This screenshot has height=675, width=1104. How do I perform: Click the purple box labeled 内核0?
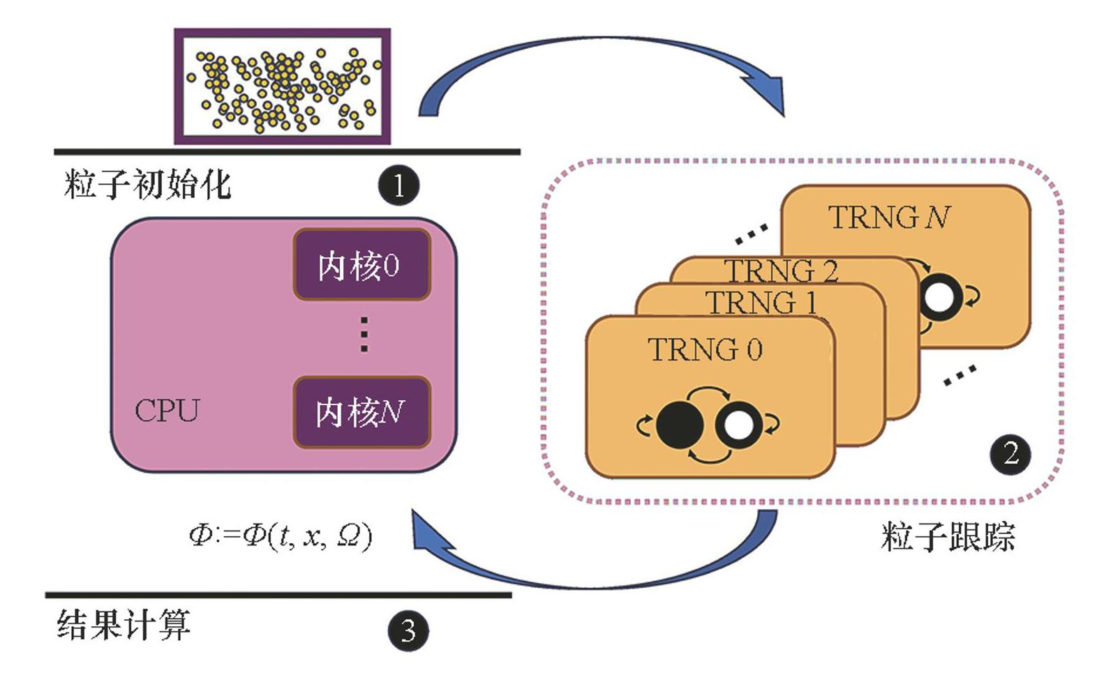point(361,265)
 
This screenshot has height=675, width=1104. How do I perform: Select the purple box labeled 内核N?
point(361,412)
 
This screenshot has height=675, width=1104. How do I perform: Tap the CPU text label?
point(167,411)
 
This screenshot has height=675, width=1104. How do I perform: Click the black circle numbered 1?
point(398,185)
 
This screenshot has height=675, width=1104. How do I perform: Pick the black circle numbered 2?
point(1010,454)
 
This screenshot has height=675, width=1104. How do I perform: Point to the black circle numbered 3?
point(408,631)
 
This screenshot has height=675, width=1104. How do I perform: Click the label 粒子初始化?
point(147,185)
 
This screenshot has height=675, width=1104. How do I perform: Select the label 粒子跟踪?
point(947,537)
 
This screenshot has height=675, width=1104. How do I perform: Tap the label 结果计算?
point(124,625)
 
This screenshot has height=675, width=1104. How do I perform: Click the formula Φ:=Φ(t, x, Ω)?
point(281,536)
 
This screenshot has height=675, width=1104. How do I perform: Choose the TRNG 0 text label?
point(706,349)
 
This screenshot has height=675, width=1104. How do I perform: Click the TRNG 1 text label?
point(761,303)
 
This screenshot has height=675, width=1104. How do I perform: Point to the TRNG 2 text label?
point(781,271)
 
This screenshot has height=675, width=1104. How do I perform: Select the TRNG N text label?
point(889,218)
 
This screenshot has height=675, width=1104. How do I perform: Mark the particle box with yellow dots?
point(282,86)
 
